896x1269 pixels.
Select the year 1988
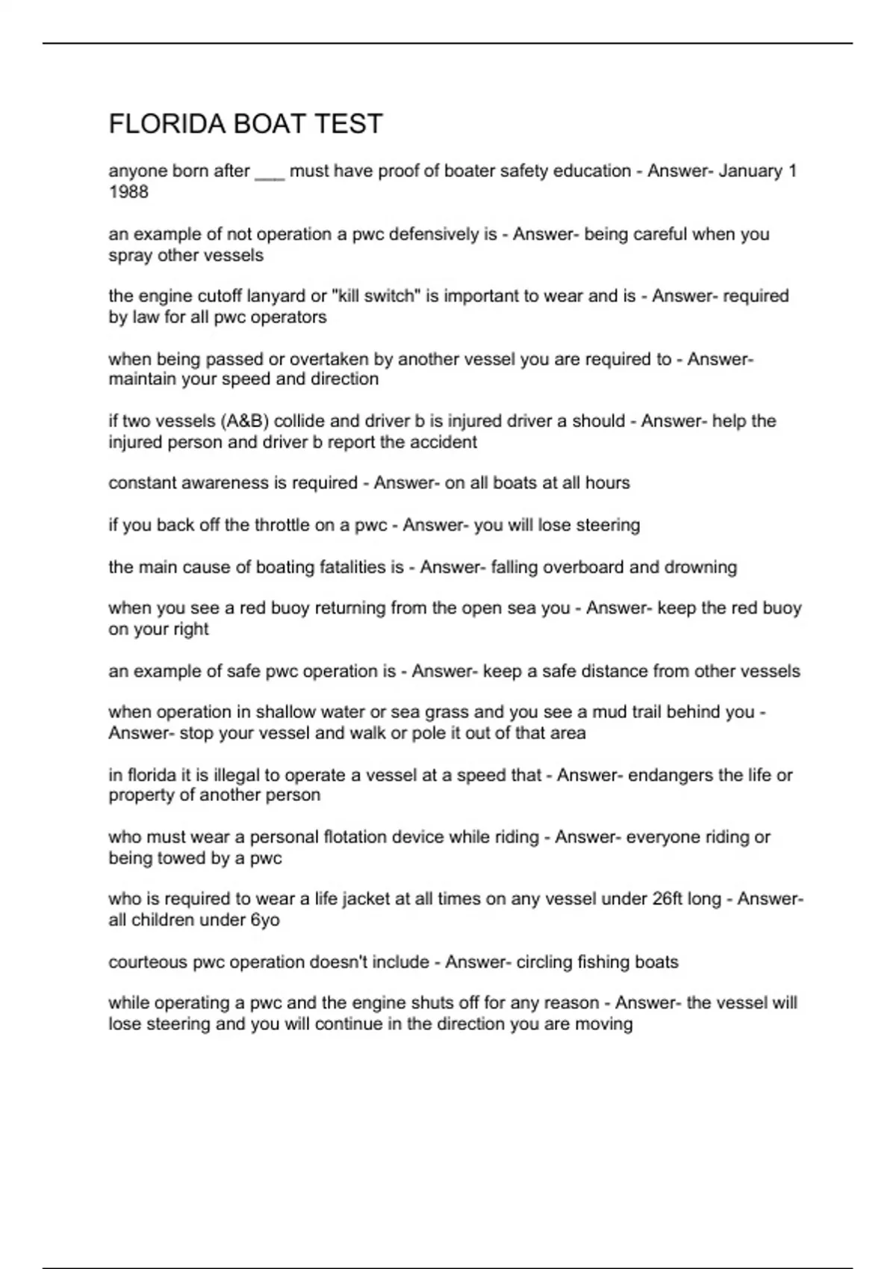(x=128, y=192)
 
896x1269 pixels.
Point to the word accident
(x=445, y=442)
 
